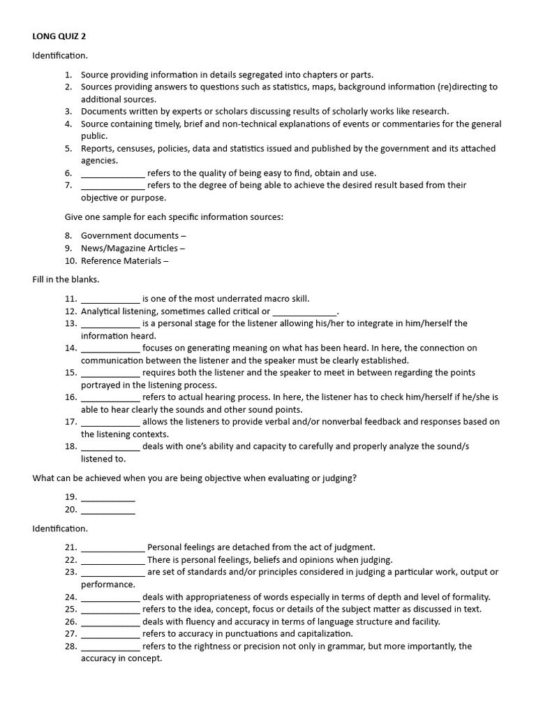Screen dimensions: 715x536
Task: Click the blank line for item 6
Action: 112,173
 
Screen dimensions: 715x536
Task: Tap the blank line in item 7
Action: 112,186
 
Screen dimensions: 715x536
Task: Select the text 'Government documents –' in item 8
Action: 133,236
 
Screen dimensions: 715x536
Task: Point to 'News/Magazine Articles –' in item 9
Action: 133,249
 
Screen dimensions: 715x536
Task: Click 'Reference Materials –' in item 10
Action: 125,261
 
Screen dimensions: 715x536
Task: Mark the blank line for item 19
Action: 107,498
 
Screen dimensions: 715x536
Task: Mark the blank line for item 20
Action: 107,510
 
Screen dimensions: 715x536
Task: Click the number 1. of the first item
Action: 68,75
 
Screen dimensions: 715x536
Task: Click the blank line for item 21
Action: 112,548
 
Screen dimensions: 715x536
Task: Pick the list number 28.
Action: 70,647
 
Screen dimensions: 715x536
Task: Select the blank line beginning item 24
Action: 110,597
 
